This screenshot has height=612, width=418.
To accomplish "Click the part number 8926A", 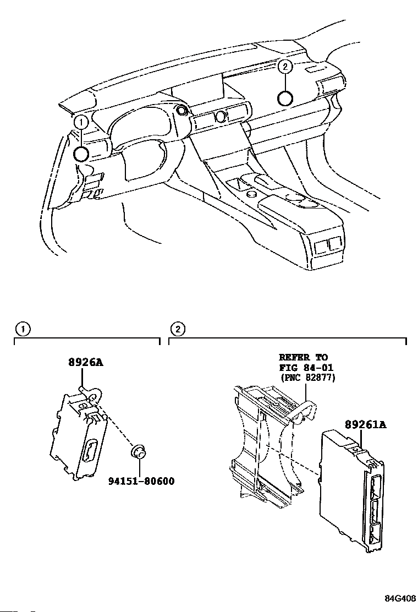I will (86, 363).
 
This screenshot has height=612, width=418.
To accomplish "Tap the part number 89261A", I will (366, 425).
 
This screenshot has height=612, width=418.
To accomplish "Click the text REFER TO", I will (303, 357).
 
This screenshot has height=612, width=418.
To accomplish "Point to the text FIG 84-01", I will (306, 367).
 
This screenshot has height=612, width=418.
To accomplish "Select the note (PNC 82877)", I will (307, 378).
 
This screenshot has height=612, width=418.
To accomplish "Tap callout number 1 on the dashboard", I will (80, 121).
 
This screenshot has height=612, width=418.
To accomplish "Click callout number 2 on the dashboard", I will (284, 67).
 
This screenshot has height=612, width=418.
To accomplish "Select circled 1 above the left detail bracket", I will (22, 330).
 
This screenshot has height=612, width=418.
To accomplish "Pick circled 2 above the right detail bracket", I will (177, 330).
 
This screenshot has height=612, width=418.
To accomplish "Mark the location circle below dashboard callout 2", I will (284, 98).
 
